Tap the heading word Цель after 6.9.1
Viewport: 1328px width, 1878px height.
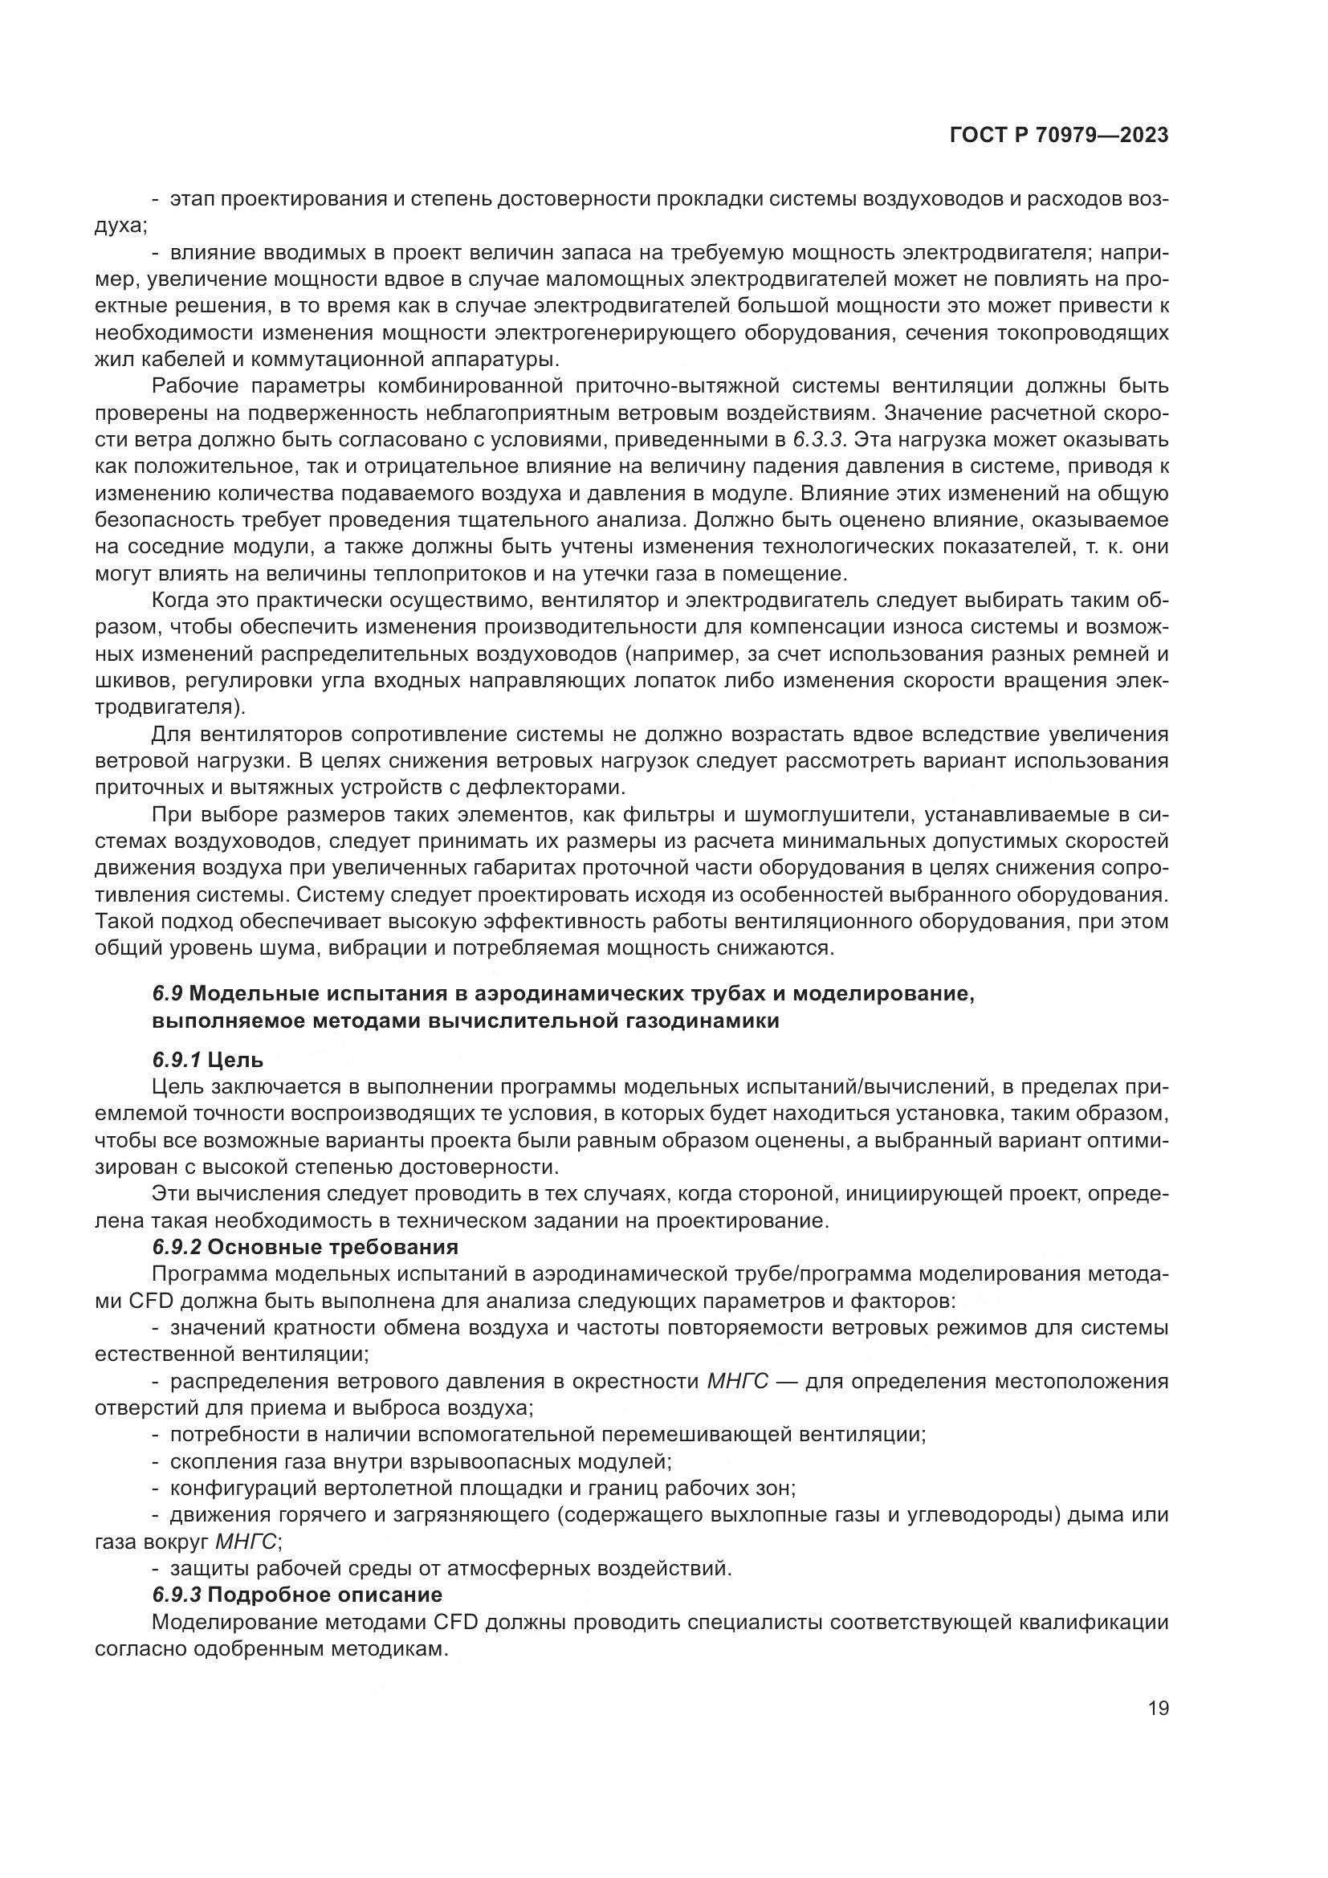(x=235, y=1060)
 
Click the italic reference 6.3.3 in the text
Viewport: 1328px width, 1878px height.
(x=817, y=440)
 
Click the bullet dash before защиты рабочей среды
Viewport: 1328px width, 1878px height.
(x=157, y=1568)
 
